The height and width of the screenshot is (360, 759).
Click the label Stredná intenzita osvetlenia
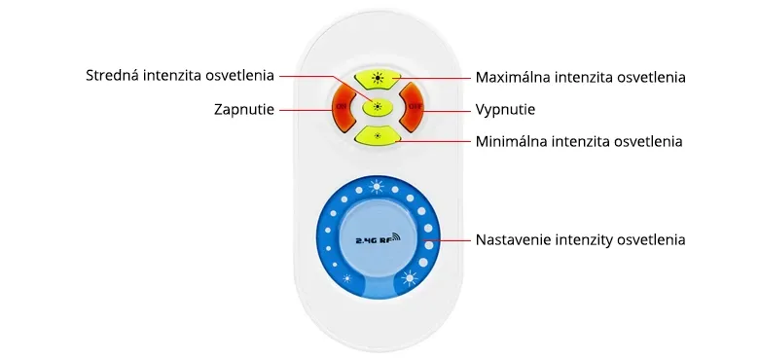tap(180, 75)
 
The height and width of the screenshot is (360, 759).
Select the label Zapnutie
tap(244, 108)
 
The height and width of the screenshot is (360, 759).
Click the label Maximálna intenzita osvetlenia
tap(581, 76)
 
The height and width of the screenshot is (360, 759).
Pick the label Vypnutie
tap(505, 108)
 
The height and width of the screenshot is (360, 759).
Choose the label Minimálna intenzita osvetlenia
tap(579, 141)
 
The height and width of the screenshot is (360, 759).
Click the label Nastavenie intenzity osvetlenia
tap(580, 238)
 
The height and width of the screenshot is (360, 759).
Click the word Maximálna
tap(512, 76)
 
